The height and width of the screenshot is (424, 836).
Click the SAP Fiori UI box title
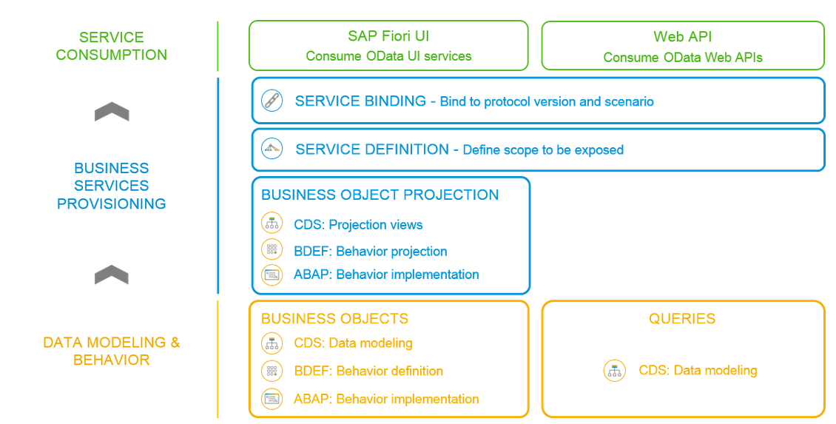coord(388,36)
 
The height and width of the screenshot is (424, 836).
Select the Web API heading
coord(682,37)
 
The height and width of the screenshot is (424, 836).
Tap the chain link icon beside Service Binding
coord(272,101)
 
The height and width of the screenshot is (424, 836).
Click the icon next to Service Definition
coord(272,148)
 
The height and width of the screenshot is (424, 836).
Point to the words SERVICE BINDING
coord(360,101)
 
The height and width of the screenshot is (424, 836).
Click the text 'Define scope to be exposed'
coord(543,150)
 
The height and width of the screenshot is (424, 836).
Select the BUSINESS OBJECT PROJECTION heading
coord(380,195)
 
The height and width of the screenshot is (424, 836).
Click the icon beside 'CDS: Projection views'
coord(272,223)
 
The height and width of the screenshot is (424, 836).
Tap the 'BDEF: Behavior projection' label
coord(371,251)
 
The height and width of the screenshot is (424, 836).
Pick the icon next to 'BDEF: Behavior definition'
coord(272,371)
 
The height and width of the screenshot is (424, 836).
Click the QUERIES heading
coord(682,318)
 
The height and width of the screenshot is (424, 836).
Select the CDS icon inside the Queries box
coord(615,370)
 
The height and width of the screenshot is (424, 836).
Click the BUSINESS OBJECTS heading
coord(335,318)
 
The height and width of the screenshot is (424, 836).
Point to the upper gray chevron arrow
coord(112,112)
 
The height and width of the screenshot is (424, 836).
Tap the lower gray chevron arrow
coord(112,275)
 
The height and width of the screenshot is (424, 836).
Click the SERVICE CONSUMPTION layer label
coord(112,46)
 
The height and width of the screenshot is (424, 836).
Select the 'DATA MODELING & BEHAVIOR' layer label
coord(112,351)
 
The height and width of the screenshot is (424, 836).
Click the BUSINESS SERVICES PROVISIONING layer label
coord(112,186)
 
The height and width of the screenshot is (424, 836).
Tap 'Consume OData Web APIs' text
coord(682,58)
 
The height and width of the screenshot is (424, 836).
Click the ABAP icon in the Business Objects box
coord(272,398)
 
